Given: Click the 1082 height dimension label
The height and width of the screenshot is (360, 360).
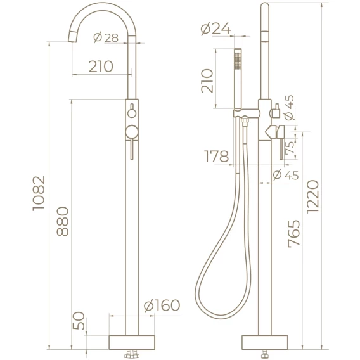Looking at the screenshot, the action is (38, 193).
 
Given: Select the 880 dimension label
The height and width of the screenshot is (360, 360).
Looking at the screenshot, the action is (63, 221).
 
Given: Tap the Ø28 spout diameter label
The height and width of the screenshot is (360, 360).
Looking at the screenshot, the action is (106, 37).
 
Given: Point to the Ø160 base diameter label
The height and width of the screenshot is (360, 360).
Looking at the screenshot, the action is (162, 305).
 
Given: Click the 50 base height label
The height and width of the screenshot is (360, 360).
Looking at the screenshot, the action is (79, 321).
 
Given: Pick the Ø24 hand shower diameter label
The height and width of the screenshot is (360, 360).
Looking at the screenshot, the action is (216, 29).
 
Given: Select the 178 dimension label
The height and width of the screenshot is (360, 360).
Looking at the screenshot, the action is (216, 156).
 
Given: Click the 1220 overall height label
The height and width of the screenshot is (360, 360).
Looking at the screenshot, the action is (313, 197).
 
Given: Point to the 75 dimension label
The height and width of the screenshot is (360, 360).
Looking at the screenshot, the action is (290, 147).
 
